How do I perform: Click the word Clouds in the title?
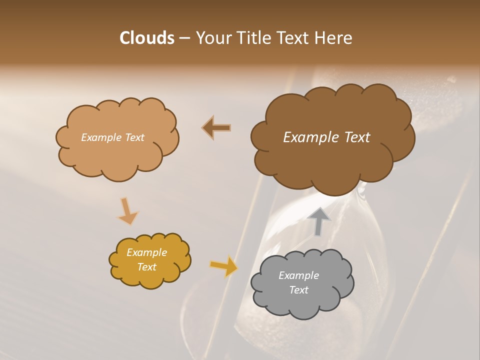pos(146,38)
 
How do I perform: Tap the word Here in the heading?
pos(334,38)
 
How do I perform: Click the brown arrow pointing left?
pos(216,128)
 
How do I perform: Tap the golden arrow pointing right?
pos(224,266)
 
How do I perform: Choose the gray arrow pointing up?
pos(318,221)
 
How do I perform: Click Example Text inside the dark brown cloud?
pos(326,137)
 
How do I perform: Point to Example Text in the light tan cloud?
pos(112,137)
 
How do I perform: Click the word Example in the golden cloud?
pos(146,252)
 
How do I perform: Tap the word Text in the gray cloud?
pos(298,290)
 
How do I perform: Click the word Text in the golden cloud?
pos(146,267)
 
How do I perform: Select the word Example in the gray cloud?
pos(298,275)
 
